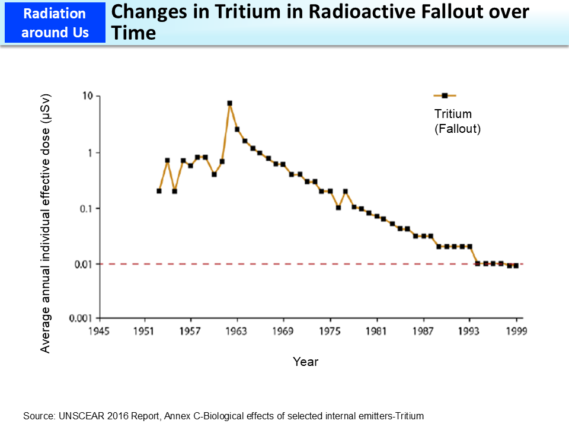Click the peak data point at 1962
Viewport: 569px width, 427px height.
tap(229, 103)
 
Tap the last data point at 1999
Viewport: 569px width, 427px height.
tap(516, 266)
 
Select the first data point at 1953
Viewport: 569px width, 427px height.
tap(159, 191)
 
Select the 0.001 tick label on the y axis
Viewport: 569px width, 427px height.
tap(78, 318)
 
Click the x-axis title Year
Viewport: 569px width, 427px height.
tap(305, 362)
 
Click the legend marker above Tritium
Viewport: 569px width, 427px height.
tap(445, 95)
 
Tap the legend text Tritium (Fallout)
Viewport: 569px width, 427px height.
tap(457, 121)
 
